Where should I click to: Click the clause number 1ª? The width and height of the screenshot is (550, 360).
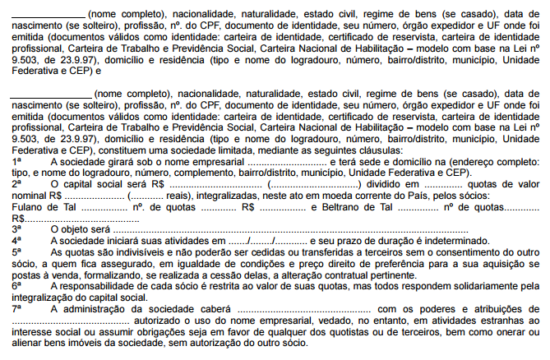(16, 164)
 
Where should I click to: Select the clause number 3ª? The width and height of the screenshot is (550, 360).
(16, 228)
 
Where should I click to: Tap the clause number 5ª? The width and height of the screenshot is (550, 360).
(16, 249)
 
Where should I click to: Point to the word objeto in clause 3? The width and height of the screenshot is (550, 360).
(76, 228)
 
